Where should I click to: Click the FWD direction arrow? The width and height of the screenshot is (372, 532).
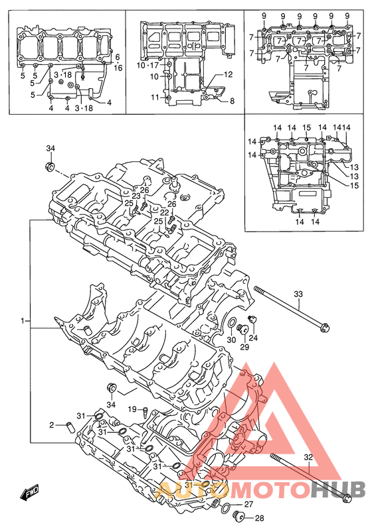(30, 492)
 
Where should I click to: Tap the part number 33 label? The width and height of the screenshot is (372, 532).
(298, 294)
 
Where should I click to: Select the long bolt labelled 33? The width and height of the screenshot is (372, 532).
(292, 308)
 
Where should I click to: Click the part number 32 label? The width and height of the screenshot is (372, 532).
(308, 457)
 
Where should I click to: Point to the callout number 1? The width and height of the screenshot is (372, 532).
(23, 320)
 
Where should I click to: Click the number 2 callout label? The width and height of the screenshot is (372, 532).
(52, 425)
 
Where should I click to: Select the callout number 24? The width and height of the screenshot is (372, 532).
(254, 338)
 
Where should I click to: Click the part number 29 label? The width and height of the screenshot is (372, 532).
(244, 347)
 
